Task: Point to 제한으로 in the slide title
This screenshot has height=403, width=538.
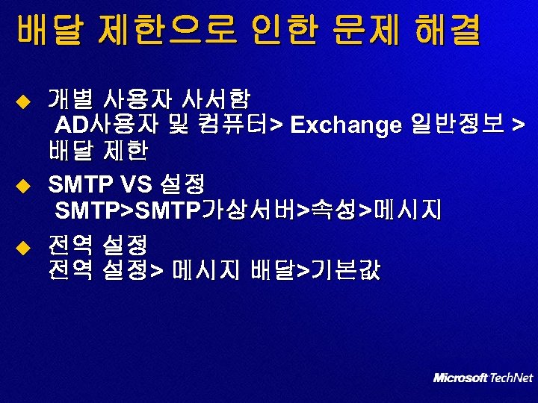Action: pyautogui.click(x=162, y=31)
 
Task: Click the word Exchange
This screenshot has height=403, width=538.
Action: pyautogui.click(x=346, y=125)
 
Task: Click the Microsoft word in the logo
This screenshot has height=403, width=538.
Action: pyautogui.click(x=460, y=378)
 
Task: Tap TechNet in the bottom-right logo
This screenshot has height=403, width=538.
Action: pyautogui.click(x=511, y=378)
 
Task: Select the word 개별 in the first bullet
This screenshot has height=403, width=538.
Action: pyautogui.click(x=71, y=99)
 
